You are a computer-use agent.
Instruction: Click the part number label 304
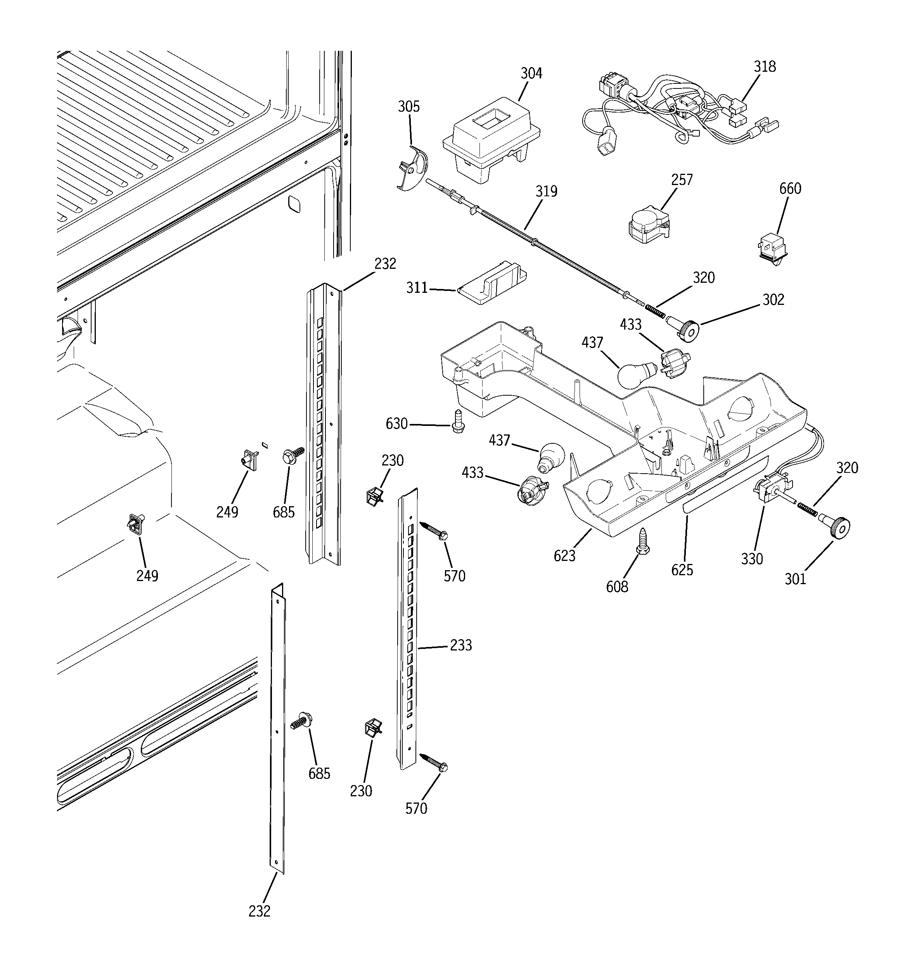531,73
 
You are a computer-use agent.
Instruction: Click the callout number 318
765,67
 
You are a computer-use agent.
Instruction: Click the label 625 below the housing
682,570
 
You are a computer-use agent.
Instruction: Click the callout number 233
461,645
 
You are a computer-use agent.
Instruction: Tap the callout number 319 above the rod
546,192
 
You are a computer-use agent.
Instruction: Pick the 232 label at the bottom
260,911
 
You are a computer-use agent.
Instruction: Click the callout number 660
790,189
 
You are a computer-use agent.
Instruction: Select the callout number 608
617,587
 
